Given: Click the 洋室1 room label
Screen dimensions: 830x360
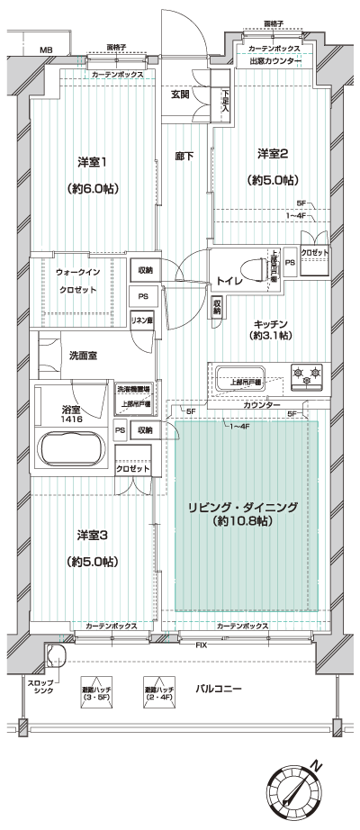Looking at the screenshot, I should click(x=94, y=162).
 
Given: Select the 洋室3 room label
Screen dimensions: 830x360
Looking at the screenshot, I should click(x=93, y=535).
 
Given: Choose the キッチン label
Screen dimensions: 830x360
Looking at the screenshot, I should click(x=270, y=322).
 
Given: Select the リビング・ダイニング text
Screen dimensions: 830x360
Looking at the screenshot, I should click(x=243, y=508).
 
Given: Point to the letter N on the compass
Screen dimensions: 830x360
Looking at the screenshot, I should click(x=316, y=765).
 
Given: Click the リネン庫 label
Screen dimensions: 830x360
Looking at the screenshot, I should click(x=141, y=320).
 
